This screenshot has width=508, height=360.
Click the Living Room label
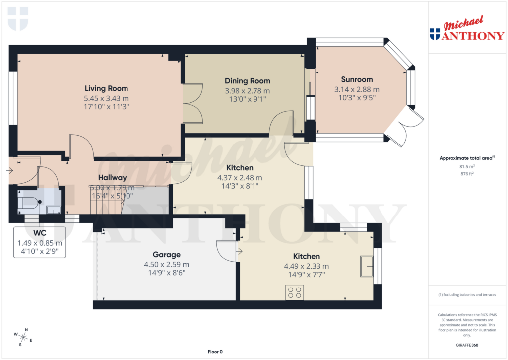pos(106,88)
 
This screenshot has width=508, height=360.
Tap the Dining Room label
pos(247,81)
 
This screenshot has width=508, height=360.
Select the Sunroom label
pos(356,79)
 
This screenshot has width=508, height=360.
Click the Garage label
pos(166,255)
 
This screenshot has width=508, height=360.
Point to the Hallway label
pos(112,177)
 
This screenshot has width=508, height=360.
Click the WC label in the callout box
pos(40,233)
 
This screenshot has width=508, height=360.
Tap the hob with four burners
pos(294,292)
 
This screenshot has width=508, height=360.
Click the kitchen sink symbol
pos(367,266)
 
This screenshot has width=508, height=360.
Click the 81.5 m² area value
pos(466,167)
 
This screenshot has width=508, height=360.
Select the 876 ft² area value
pos(466,174)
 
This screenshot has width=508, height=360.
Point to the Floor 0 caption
pos(215,352)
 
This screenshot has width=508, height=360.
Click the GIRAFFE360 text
pos(466,345)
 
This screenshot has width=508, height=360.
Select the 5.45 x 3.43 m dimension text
pos(106,98)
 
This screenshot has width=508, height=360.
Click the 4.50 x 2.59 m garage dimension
pos(166,264)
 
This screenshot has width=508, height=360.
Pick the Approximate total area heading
pos(466,158)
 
